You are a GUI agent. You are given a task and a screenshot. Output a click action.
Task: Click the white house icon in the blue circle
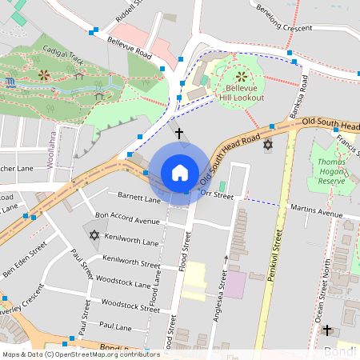179,173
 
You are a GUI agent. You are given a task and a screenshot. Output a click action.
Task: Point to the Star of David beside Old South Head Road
267,145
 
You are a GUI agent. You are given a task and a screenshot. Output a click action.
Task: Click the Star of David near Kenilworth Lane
94,235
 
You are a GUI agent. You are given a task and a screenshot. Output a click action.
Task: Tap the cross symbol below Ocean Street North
326,330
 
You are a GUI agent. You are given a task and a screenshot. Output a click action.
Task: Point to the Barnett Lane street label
138,197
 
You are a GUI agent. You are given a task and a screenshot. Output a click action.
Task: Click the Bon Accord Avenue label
127,218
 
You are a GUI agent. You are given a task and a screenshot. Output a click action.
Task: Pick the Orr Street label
216,193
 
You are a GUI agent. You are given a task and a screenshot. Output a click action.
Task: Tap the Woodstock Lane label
121,284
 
